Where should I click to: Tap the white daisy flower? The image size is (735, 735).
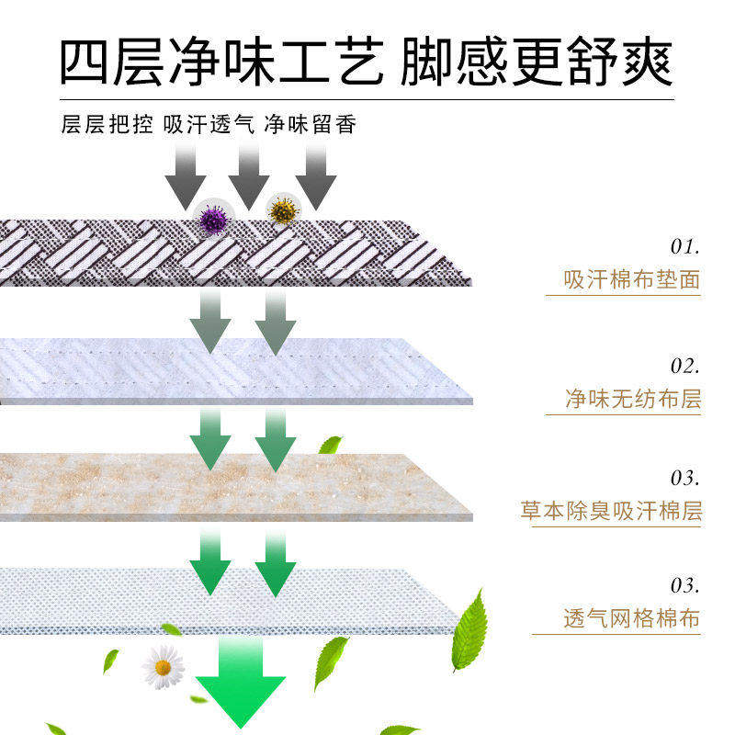pos(164,667)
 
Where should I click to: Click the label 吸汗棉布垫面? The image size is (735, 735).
pos(631,279)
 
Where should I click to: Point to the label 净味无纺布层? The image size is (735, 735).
pos(632,399)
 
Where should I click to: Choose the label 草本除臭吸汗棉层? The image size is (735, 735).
pos(611,511)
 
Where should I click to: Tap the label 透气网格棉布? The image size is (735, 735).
pos(631,618)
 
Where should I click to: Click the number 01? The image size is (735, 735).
pos(684,246)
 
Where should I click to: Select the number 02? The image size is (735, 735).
pos(684,366)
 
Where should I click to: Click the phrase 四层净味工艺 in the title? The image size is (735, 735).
pos(220,62)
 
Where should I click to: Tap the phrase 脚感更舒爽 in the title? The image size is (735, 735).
pos(537,62)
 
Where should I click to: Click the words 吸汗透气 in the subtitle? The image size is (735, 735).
pos(209,124)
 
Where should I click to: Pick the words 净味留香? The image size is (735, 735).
pos(310,124)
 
